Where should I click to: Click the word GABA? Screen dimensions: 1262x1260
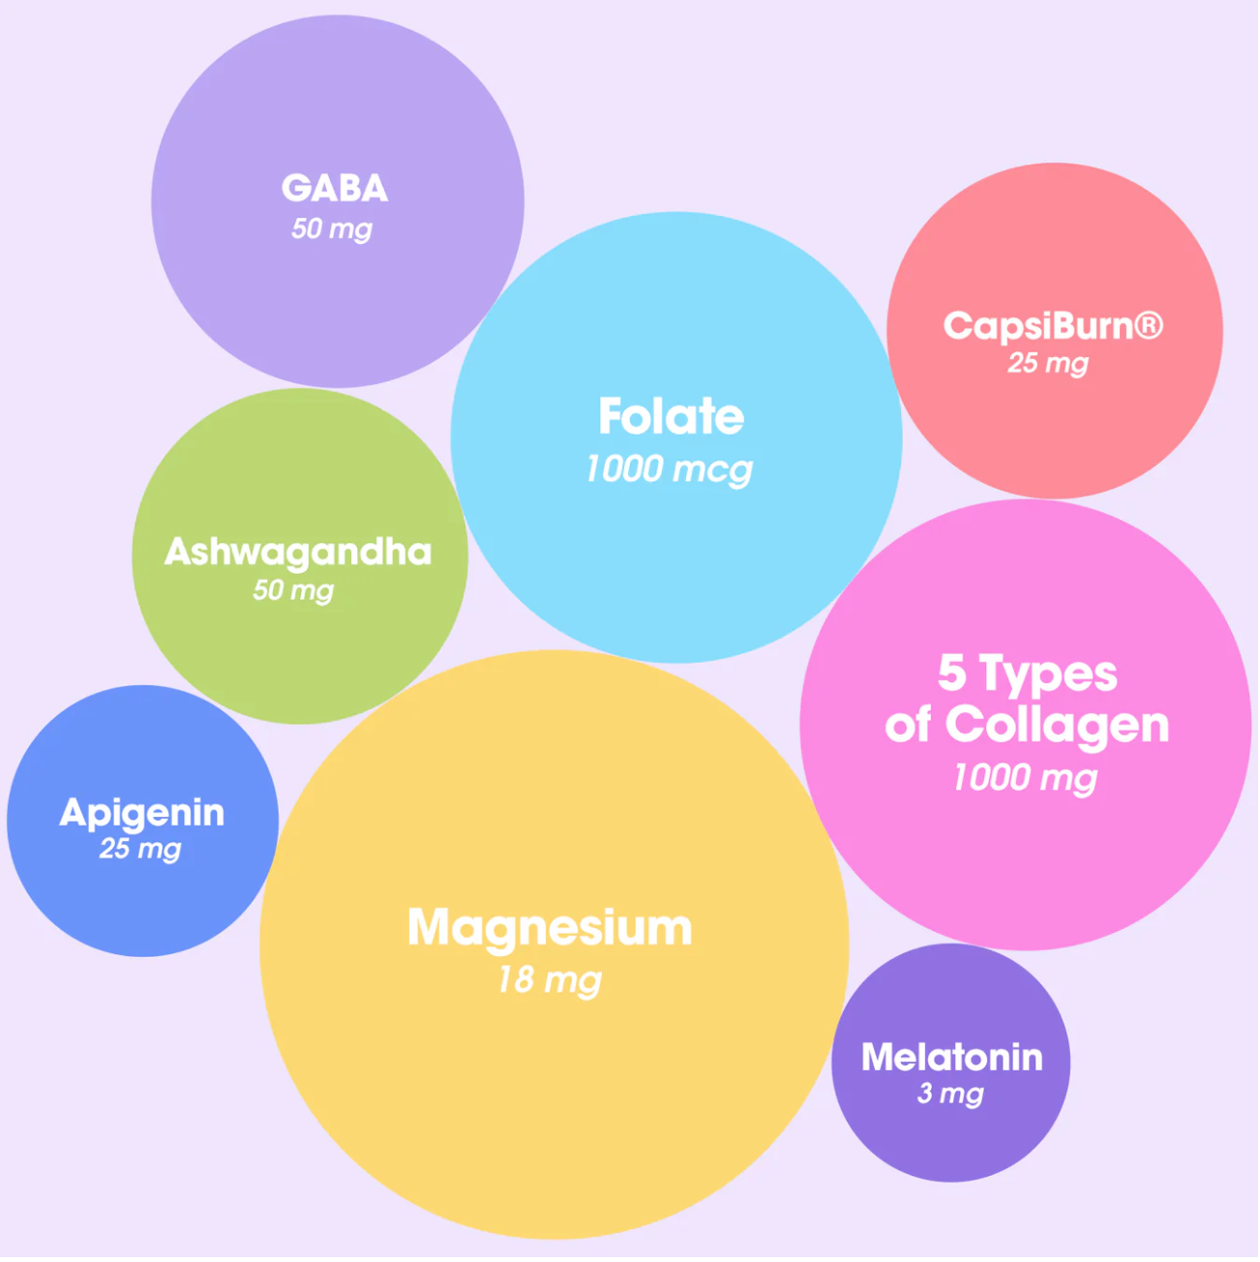(x=335, y=188)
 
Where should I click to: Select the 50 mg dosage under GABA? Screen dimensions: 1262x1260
(x=332, y=229)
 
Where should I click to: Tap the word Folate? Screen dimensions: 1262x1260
(x=672, y=417)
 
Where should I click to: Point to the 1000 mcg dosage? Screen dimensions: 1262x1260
(x=669, y=469)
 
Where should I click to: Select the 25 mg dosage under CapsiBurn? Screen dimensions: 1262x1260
(x=1048, y=364)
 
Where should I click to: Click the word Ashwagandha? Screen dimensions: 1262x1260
(x=298, y=552)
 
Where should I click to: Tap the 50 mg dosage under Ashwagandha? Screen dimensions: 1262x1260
(x=293, y=590)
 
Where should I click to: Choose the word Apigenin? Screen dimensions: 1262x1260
(x=142, y=813)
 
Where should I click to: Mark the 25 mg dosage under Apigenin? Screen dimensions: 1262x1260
(x=140, y=850)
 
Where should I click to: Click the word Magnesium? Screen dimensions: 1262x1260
(x=550, y=928)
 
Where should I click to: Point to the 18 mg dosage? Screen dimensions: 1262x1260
(x=550, y=980)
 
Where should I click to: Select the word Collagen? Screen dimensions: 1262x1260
(x=1057, y=726)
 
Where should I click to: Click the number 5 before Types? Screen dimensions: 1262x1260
(x=952, y=674)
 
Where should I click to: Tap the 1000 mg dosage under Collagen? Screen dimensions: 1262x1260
(x=1026, y=777)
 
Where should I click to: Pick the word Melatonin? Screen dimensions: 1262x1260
(x=952, y=1057)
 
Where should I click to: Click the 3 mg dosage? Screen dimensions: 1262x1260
(x=950, y=1094)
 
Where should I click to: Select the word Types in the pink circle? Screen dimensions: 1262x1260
(x=1049, y=676)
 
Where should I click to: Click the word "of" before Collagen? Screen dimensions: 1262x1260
(x=908, y=726)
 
